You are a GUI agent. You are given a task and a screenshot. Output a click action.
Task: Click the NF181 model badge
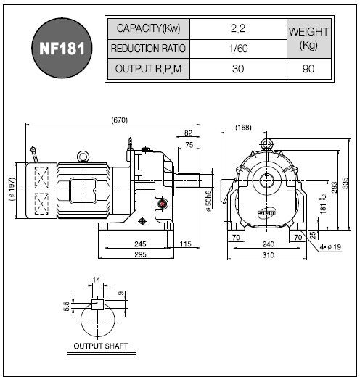(x=62, y=48)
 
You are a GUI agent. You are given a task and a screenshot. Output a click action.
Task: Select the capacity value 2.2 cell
(x=238, y=29)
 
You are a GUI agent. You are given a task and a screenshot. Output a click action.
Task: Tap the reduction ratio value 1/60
(x=238, y=49)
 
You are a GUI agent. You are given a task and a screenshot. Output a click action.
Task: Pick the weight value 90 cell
(x=308, y=69)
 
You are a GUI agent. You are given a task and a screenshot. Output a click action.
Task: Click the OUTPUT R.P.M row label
(x=148, y=69)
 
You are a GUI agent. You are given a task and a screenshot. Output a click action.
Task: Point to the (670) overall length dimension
(x=119, y=120)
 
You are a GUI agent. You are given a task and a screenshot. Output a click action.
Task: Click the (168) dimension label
(x=243, y=128)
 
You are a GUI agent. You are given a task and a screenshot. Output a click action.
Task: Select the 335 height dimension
(x=345, y=183)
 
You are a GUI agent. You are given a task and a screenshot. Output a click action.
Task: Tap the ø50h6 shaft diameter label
(x=208, y=201)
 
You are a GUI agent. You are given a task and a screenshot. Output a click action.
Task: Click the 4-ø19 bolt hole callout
(x=330, y=247)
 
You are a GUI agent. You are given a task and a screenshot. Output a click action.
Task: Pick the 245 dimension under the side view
(x=140, y=244)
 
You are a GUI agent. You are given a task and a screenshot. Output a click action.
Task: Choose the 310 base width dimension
(x=268, y=255)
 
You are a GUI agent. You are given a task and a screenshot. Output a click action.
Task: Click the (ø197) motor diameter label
(x=12, y=189)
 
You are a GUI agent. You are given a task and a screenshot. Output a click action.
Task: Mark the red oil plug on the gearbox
(x=162, y=204)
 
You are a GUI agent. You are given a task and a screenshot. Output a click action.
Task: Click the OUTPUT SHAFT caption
(x=101, y=346)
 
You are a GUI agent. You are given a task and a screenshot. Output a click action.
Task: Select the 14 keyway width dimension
(x=97, y=280)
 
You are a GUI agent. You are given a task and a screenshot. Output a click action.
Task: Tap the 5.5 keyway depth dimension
(x=66, y=306)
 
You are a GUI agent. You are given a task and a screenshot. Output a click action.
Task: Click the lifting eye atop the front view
(x=267, y=144)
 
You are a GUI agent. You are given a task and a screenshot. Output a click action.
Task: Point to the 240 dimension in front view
(x=268, y=244)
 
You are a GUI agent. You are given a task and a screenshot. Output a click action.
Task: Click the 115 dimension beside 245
(x=185, y=244)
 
